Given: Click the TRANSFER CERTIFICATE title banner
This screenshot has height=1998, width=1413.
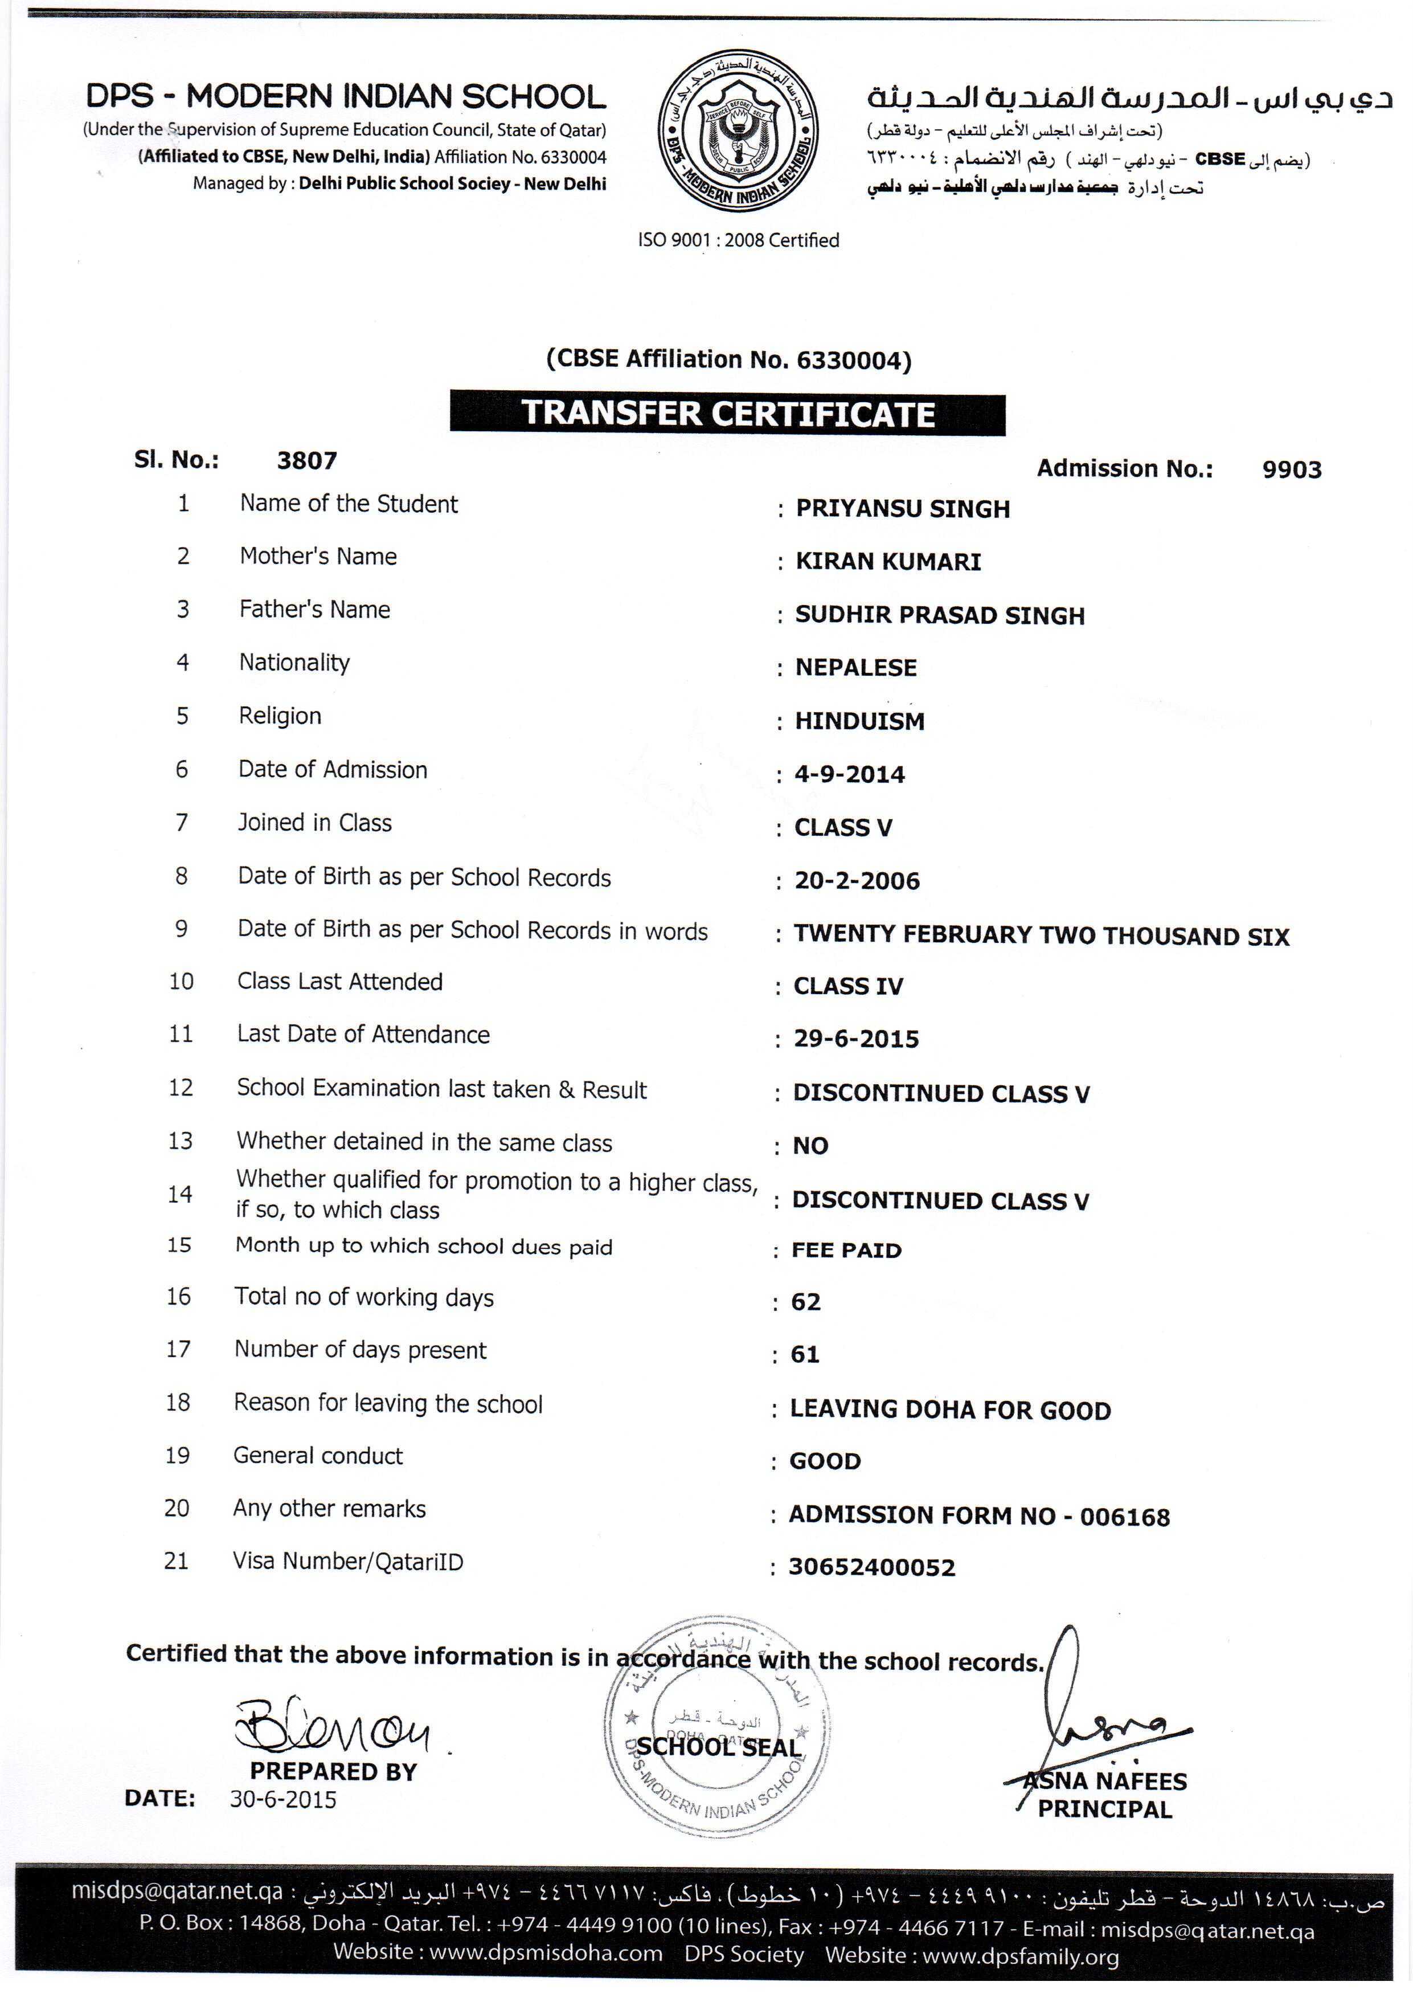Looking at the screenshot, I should [727, 414].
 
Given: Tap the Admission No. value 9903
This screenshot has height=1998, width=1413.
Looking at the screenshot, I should [1291, 470].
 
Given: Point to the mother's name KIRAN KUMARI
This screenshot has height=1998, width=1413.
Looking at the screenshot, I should [887, 561].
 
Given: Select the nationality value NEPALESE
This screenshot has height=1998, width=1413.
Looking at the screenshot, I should [855, 668].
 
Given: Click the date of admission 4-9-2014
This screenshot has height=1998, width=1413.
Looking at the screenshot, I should [849, 774].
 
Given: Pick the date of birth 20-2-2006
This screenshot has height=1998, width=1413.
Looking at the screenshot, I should [856, 881].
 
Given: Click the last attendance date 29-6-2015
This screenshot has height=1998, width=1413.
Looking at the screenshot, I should [855, 1039].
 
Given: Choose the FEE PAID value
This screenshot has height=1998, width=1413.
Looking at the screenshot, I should [846, 1251].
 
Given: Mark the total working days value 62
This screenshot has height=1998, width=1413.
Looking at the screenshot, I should [806, 1302].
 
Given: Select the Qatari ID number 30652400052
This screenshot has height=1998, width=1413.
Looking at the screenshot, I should [871, 1567].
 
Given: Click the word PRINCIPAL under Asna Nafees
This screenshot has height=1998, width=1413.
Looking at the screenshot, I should [1104, 1808].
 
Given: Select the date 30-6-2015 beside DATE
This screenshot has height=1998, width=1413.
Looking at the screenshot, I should [283, 1799].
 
